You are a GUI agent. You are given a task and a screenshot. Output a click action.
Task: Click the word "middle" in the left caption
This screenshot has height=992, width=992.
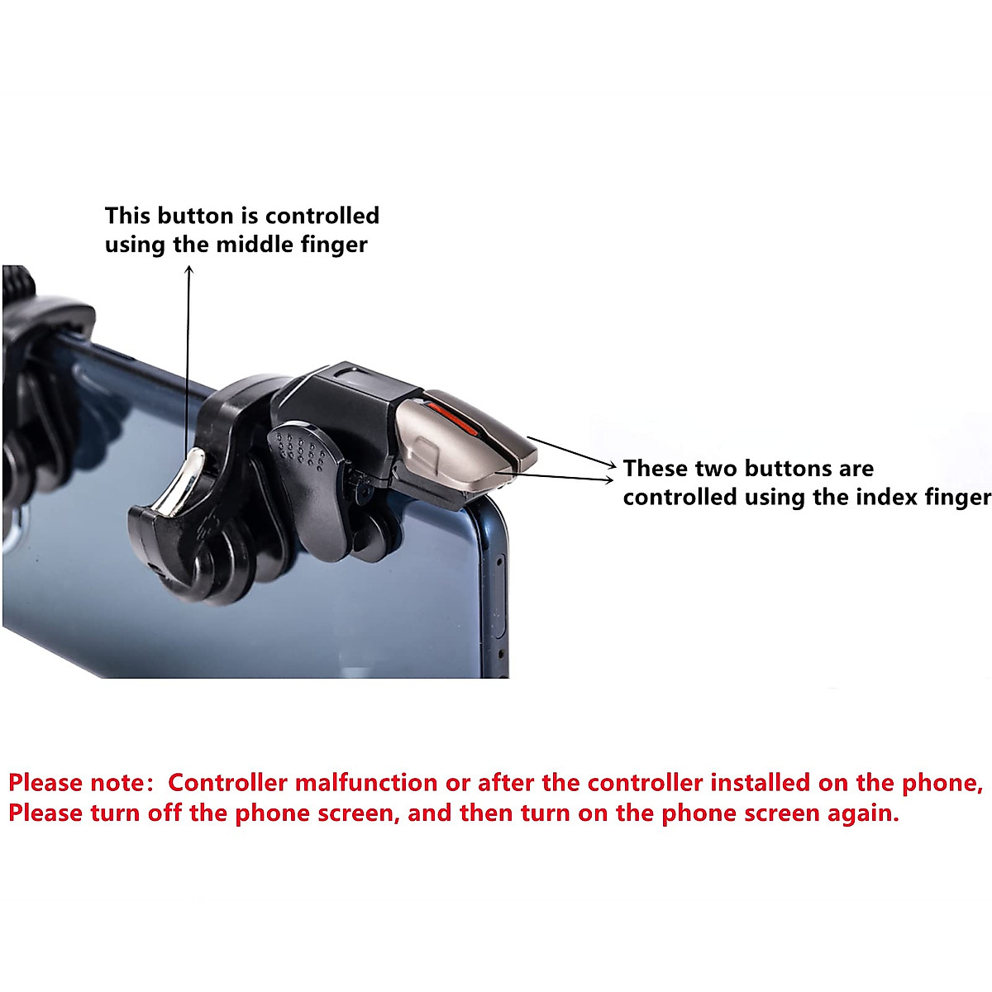point(249,245)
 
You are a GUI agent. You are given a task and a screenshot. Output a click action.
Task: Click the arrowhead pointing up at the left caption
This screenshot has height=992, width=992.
point(188,271)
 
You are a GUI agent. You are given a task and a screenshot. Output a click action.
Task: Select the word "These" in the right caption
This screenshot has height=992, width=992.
point(656,469)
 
